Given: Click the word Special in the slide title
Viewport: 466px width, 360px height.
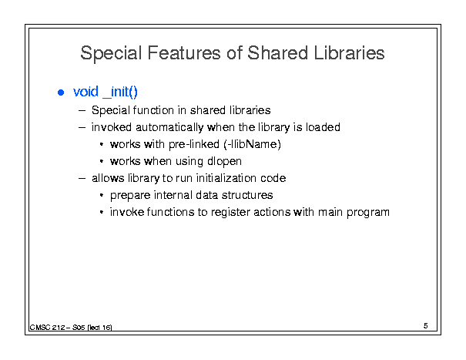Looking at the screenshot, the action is click(x=111, y=54).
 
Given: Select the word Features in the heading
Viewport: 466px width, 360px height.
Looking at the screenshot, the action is click(x=184, y=53).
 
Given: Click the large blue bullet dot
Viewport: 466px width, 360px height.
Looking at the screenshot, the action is click(x=61, y=93).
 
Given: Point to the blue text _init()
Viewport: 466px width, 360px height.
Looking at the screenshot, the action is click(x=120, y=92).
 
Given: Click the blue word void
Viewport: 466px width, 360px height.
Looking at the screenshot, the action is click(x=85, y=91).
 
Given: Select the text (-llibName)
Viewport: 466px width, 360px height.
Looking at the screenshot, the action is click(x=252, y=144).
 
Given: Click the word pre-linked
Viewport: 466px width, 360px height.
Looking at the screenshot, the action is click(x=194, y=145).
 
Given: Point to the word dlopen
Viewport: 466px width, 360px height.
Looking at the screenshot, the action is click(x=224, y=161).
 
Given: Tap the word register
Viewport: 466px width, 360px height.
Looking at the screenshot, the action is click(x=230, y=213).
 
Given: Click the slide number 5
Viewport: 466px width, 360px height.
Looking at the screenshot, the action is click(x=426, y=326).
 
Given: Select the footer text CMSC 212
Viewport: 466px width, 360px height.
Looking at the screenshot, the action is click(x=47, y=328).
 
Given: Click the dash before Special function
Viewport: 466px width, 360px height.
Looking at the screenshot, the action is click(x=82, y=111).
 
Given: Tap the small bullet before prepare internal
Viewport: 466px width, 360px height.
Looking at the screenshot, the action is click(x=102, y=196).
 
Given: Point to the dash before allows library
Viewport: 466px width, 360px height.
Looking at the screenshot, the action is click(x=82, y=179).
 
